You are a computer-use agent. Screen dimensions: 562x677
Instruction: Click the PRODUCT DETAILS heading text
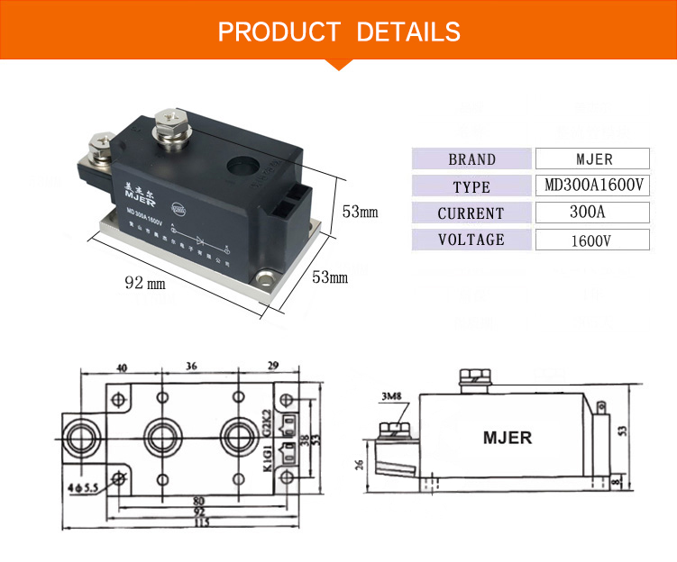339,32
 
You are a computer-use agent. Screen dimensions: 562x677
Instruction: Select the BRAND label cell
471,159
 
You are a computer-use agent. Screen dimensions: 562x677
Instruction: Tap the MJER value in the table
593,159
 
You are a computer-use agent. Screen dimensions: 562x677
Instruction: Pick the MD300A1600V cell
593,186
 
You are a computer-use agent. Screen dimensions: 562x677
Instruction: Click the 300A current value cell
593,213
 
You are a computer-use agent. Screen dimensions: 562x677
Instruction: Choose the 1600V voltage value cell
593,240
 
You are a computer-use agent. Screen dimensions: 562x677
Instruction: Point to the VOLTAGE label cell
471,240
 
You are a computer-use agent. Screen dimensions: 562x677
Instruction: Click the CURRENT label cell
471,213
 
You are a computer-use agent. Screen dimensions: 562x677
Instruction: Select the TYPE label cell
471,186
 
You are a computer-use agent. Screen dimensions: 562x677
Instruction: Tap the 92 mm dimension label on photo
145,283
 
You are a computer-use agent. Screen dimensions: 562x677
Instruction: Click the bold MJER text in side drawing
508,439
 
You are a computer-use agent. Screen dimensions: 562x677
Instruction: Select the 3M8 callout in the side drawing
390,396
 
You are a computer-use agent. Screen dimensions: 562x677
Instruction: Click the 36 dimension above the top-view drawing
190,367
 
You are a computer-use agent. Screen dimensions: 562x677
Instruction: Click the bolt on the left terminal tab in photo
97,144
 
